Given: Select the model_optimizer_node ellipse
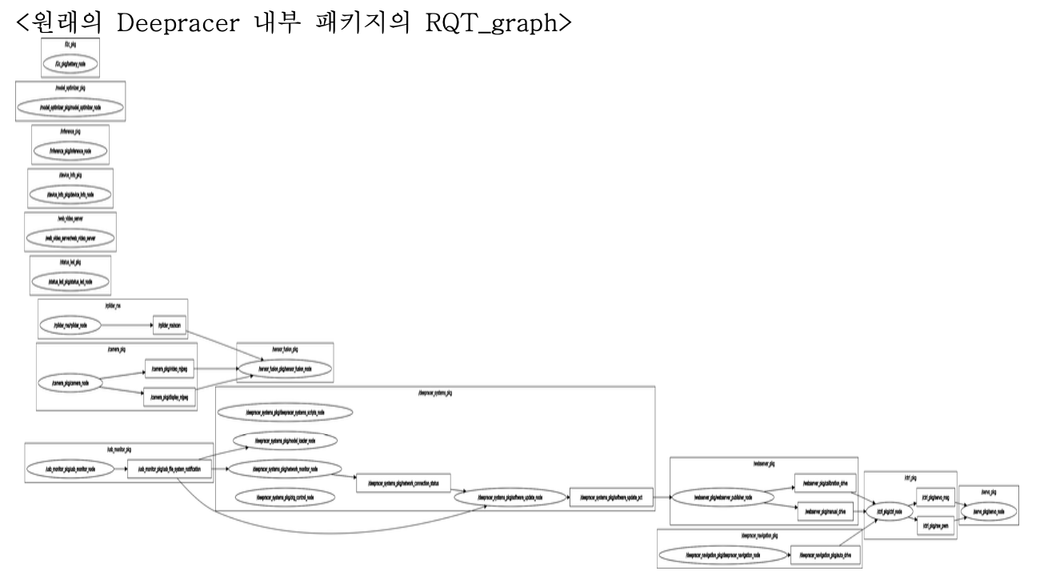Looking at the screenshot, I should [70, 106].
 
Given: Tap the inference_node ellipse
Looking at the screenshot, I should [70, 150].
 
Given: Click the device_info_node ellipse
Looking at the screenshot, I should [70, 194].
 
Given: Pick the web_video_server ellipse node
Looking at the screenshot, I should [70, 238].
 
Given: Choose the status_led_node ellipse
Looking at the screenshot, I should [70, 282].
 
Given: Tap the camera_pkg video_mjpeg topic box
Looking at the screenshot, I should [170, 369].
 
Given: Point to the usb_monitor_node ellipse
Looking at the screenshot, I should [70, 469].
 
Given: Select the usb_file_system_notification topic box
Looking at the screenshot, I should [170, 469].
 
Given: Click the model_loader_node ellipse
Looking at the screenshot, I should [284, 441].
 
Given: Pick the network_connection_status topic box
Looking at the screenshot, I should [404, 483].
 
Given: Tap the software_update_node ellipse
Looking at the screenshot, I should [510, 497].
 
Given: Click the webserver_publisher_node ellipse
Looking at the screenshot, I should [722, 497].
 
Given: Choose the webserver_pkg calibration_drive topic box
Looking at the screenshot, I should [825, 483].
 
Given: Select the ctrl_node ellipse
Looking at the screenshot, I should [888, 511].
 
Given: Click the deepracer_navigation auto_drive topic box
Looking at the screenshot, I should [825, 553].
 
